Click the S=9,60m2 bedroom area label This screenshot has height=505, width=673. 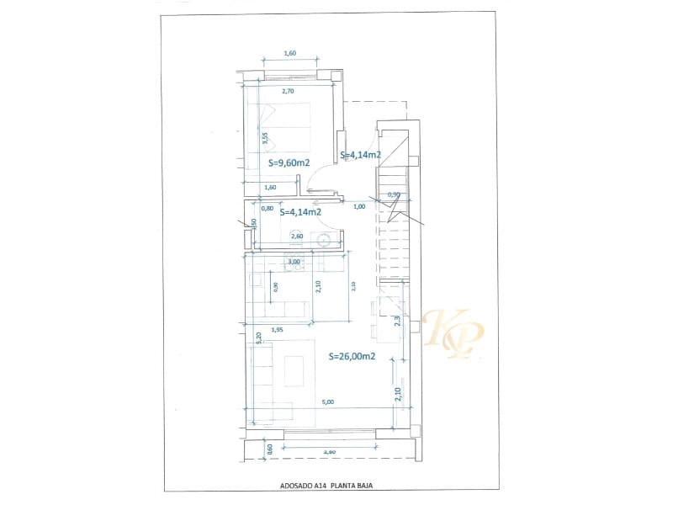289,162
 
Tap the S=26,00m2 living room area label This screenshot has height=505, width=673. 352,356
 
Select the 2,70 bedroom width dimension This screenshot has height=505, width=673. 287,90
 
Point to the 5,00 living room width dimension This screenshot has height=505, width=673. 328,402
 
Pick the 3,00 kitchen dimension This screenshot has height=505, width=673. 294,263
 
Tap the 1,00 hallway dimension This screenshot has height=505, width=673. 359,206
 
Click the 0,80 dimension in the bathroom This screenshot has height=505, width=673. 267,208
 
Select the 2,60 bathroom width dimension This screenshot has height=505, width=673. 296,237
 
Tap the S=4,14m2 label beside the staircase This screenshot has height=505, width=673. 362,155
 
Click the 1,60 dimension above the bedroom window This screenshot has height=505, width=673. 290,53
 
